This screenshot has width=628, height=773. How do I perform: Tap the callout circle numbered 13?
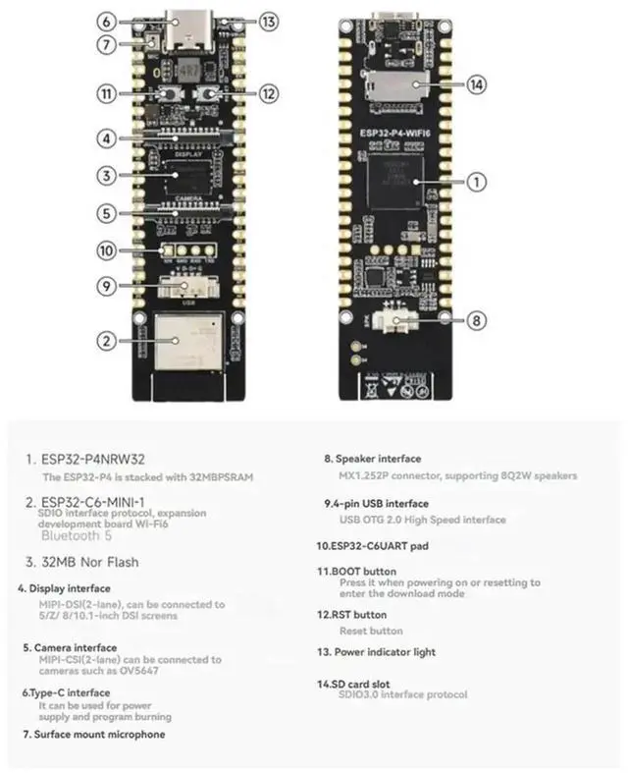[x=270, y=22]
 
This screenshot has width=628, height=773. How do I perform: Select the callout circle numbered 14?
[x=476, y=85]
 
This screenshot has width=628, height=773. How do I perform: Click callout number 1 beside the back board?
[x=476, y=182]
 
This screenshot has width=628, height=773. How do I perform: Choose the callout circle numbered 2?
[x=106, y=341]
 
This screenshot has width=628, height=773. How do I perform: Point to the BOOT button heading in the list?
[x=356, y=571]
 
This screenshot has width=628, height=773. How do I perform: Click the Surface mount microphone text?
[x=93, y=734]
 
